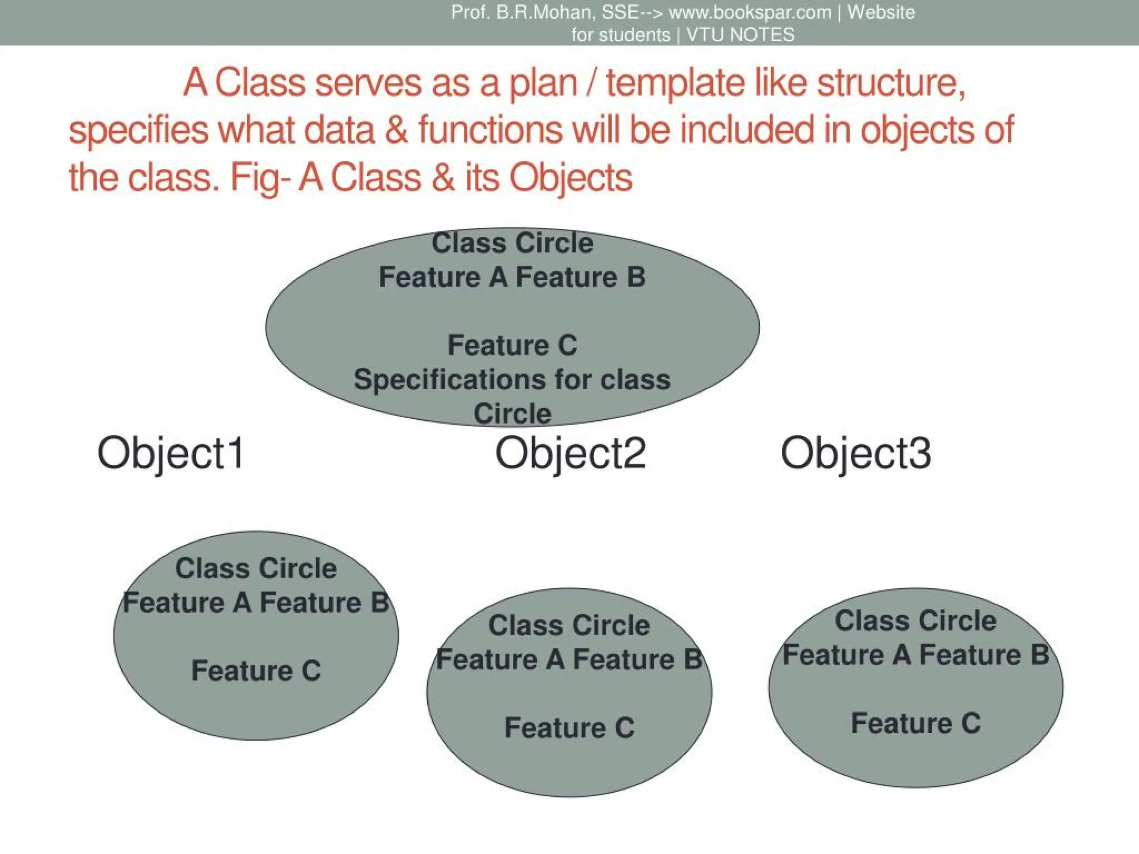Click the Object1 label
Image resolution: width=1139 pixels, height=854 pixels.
[x=171, y=453]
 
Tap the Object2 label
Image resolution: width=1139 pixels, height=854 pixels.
[x=570, y=453]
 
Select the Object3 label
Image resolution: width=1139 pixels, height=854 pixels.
[x=855, y=453]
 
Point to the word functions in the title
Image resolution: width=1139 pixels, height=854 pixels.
[x=490, y=130]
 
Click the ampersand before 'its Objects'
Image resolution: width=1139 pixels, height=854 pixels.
[x=443, y=178]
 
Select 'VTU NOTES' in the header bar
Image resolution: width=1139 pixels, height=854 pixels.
[x=740, y=35]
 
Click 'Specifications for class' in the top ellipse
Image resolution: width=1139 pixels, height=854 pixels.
[x=512, y=380]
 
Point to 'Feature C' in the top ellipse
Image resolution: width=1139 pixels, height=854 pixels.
[x=512, y=345]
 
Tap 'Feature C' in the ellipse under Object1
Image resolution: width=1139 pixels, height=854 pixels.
[x=256, y=671]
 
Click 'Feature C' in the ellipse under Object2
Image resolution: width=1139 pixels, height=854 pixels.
[x=569, y=728]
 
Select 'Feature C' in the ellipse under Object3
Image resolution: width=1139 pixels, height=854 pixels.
[x=915, y=723]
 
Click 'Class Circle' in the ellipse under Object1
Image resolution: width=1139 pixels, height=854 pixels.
[x=256, y=569]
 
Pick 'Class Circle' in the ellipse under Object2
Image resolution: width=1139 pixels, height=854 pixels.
[x=569, y=625]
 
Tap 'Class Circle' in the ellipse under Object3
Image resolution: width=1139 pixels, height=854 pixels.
[x=915, y=621]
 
